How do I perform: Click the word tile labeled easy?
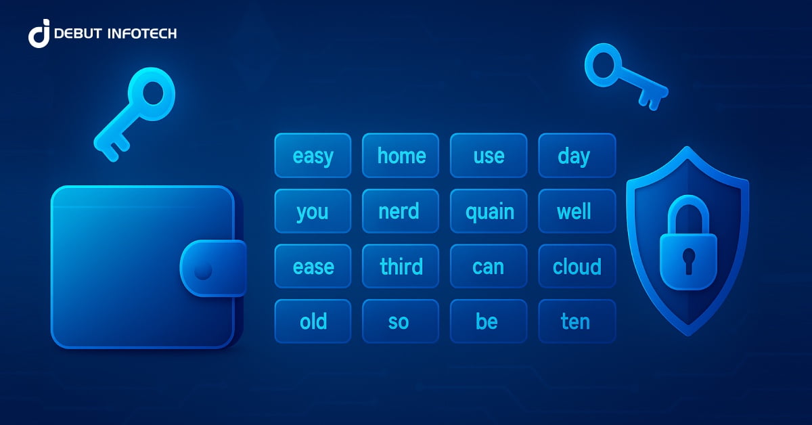pyautogui.click(x=313, y=156)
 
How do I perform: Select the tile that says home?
pyautogui.click(x=401, y=156)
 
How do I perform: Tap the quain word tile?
pyautogui.click(x=489, y=211)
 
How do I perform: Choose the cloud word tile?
pyautogui.click(x=577, y=267)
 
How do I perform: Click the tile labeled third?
pyautogui.click(x=401, y=267)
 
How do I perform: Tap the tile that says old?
pyautogui.click(x=313, y=321)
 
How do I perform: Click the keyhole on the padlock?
pyautogui.click(x=688, y=260)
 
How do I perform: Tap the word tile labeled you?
pyautogui.click(x=313, y=211)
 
